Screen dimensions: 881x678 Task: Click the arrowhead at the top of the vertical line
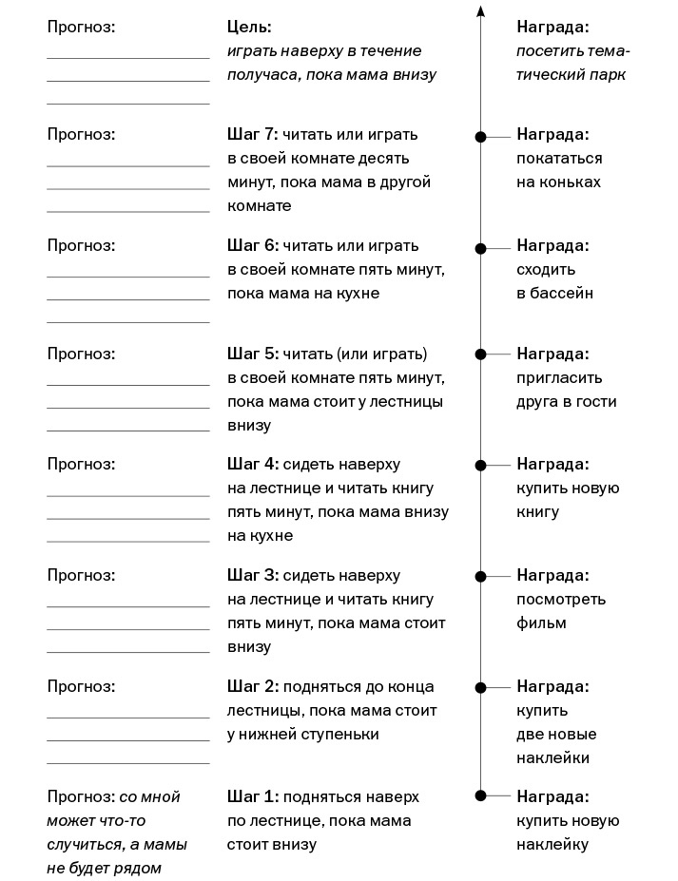(481, 11)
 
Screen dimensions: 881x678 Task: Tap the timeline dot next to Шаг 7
(481, 138)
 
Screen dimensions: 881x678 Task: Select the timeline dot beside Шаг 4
(481, 466)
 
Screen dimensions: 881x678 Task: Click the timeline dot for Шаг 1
(481, 795)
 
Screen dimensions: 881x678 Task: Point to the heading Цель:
(249, 27)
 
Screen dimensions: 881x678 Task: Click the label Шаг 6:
(252, 245)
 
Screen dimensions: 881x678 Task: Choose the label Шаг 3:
(252, 575)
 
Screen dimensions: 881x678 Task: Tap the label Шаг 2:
(252, 686)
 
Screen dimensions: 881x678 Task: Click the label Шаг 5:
(252, 354)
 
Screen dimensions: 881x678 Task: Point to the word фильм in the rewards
(541, 622)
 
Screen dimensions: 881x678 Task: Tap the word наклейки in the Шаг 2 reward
(553, 757)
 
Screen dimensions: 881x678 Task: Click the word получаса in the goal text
(261, 74)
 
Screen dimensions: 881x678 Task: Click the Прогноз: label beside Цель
(81, 27)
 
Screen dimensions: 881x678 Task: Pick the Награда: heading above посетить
(552, 27)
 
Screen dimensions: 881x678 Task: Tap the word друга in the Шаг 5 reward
(537, 401)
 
